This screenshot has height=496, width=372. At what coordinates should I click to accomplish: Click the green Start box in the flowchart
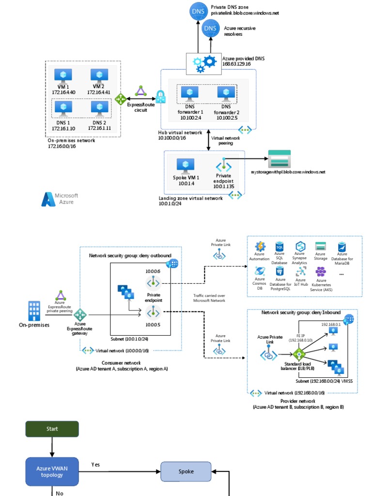click(x=52, y=429)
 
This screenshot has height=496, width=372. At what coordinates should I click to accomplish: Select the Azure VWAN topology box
click(x=52, y=471)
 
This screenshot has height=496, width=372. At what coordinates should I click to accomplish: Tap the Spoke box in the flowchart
click(x=186, y=471)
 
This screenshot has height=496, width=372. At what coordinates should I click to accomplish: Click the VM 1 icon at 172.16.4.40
click(x=63, y=76)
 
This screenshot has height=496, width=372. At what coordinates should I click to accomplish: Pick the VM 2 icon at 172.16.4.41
click(x=99, y=76)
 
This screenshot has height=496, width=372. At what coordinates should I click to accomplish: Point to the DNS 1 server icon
click(x=63, y=108)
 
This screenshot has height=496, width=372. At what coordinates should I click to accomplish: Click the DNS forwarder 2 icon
click(x=226, y=93)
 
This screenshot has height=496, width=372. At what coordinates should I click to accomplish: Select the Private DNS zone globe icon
click(x=198, y=11)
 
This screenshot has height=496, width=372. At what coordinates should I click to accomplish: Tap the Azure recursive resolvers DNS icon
click(x=210, y=29)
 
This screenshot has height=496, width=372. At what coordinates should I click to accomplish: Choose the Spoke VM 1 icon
click(x=186, y=166)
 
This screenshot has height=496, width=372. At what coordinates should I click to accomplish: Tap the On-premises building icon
click(x=34, y=311)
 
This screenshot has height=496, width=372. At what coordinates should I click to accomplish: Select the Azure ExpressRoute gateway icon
click(x=79, y=315)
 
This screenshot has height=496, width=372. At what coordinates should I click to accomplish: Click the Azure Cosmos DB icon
click(x=260, y=271)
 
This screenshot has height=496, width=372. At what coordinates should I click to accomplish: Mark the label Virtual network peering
click(x=225, y=140)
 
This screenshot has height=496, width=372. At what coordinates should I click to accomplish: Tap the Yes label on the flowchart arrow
click(x=96, y=465)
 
